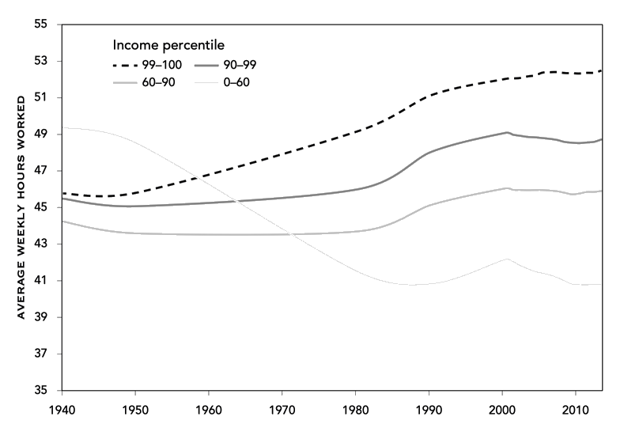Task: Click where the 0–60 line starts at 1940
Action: tap(62, 127)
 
